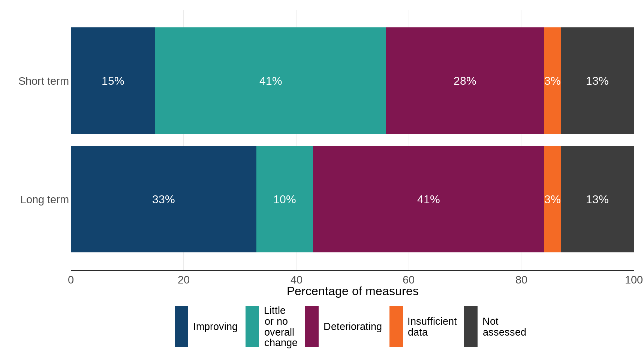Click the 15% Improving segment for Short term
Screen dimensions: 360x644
pos(113,81)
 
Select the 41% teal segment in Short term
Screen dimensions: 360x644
pos(270,81)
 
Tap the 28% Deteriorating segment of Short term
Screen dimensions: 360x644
pos(465,81)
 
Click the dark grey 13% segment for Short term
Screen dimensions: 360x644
pos(597,81)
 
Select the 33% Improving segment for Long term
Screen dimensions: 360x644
pos(163,199)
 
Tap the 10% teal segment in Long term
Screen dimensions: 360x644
pos(285,199)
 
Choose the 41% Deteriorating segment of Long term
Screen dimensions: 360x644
pos(428,199)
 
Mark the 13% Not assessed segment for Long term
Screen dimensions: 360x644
pos(597,199)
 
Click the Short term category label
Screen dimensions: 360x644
pos(43,81)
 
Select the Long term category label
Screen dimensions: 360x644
pos(44,199)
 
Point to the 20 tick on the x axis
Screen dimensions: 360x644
pos(183,280)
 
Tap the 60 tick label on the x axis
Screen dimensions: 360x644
pos(409,280)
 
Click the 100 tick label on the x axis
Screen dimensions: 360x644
pos(634,280)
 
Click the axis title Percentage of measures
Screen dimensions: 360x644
pos(352,291)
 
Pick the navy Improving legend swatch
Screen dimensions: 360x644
pos(181,326)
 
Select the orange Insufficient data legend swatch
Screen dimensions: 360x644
pos(396,326)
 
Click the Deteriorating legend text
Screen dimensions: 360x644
pos(352,327)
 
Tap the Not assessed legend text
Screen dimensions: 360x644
pos(504,327)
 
